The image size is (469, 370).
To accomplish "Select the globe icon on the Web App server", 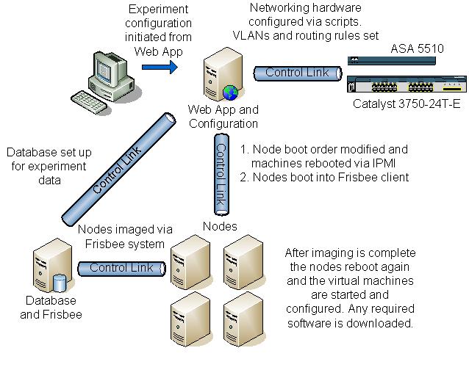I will tap(231, 92).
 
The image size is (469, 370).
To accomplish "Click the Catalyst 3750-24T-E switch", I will tap(404, 85).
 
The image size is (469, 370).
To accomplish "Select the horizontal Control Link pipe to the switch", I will tap(298, 73).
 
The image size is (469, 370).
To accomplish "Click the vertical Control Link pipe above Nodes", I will tap(220, 173).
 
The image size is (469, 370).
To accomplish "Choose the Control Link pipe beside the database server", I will tap(121, 268).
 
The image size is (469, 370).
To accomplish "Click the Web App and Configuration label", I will tap(223, 116).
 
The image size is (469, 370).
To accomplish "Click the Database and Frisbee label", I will tap(51, 308).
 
